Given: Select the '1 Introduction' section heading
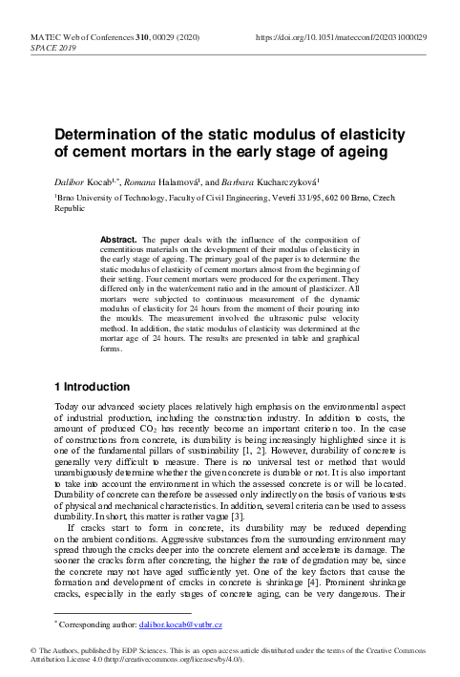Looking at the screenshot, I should tap(92, 387).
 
